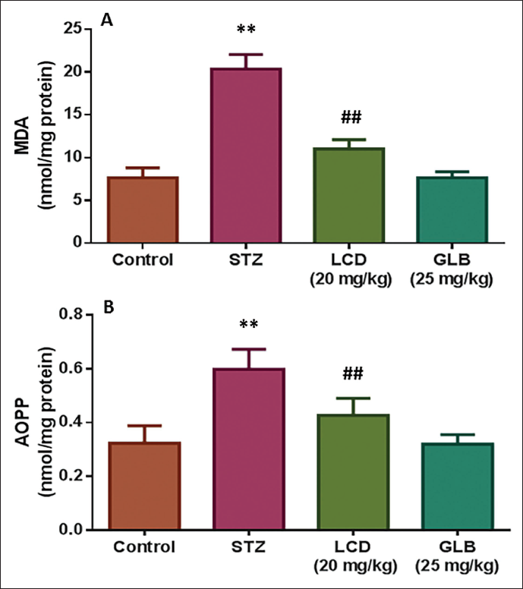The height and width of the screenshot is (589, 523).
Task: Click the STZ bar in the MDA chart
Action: click(246, 155)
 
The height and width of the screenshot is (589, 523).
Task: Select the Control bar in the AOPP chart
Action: click(145, 486)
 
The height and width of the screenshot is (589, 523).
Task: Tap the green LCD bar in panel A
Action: click(349, 195)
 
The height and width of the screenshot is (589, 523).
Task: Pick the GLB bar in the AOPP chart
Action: click(458, 487)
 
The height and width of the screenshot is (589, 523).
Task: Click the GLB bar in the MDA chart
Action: click(452, 209)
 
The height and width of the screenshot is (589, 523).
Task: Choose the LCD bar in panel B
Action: click(353, 472)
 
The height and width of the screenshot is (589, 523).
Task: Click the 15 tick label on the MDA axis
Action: click(73, 115)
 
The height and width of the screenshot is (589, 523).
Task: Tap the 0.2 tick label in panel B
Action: click(71, 476)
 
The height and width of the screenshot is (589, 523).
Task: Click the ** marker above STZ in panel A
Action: click(246, 29)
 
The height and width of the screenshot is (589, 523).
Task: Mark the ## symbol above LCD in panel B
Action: click(353, 373)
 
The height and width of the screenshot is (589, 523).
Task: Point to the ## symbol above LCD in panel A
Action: click(351, 118)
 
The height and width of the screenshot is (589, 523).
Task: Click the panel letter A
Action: click(107, 20)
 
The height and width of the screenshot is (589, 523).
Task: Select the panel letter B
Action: click(109, 307)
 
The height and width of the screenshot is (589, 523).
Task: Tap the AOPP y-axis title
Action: click(36, 422)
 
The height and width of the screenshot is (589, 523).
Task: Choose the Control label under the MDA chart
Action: click(143, 260)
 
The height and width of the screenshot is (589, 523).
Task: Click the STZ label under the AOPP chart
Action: click(248, 546)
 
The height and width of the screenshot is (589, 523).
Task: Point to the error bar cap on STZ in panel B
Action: click(248, 349)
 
